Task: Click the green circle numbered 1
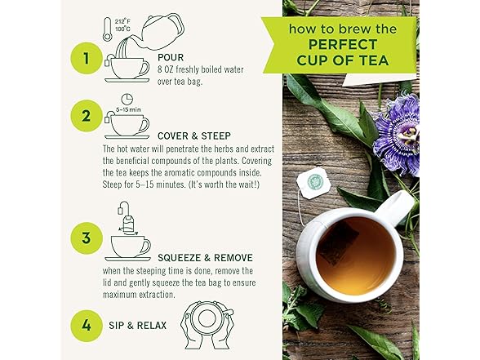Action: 86,58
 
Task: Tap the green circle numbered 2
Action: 86,116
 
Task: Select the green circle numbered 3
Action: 86,238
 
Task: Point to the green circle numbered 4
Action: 86,325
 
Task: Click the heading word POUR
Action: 171,57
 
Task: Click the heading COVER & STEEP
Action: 194,136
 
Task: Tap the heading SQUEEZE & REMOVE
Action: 205,258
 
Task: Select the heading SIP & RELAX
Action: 137,325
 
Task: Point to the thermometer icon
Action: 107,29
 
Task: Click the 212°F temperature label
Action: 122,22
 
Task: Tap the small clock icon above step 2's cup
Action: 127,99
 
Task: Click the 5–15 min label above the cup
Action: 128,109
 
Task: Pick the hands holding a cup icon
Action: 207,325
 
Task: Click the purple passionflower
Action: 397,133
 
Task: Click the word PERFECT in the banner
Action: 342,45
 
